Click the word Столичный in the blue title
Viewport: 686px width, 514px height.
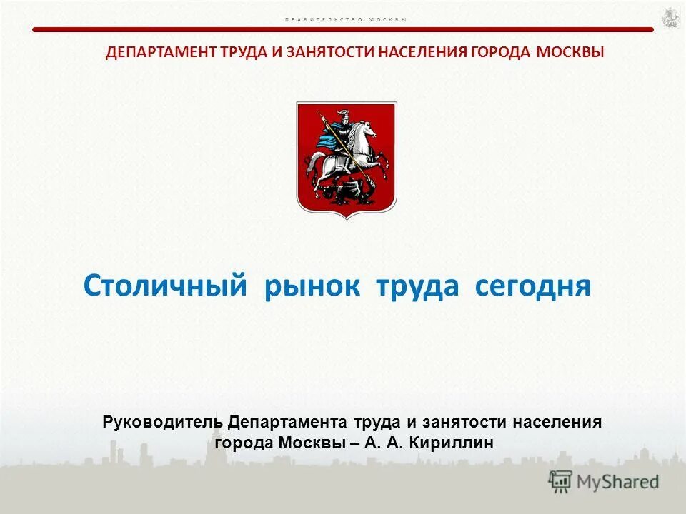click(x=165, y=286)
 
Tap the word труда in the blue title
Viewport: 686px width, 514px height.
click(x=417, y=286)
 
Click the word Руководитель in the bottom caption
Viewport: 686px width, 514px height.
click(x=164, y=422)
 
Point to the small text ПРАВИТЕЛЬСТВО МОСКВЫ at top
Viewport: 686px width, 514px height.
click(x=345, y=19)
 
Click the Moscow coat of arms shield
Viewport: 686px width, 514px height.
click(x=347, y=158)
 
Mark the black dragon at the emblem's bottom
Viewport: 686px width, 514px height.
click(x=341, y=191)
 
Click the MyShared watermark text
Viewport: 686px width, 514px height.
click(x=617, y=482)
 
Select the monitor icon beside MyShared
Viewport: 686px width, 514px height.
click(x=561, y=482)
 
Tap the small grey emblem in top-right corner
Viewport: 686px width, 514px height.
click(x=669, y=17)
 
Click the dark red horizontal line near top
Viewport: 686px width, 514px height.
click(x=343, y=30)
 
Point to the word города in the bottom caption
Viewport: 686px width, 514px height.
click(x=244, y=443)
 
